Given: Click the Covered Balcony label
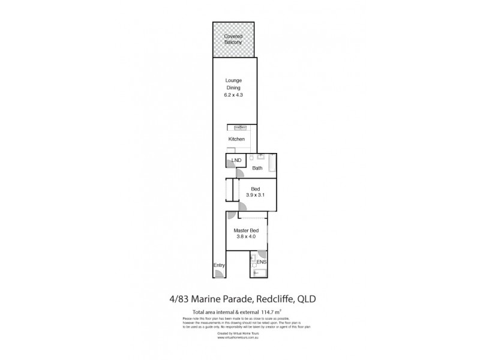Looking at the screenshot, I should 233,39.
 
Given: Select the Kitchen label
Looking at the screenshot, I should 236,139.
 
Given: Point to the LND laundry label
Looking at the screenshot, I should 236,160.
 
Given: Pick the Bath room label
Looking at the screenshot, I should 258,169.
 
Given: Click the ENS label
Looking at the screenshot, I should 261,262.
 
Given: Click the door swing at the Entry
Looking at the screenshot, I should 220,275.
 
